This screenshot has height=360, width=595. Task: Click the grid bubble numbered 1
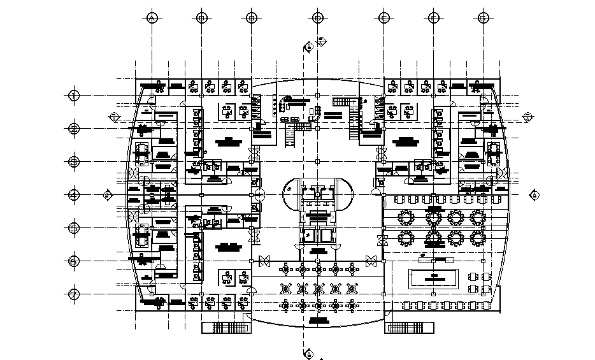(74, 96)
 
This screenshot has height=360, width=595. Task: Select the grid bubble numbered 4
(74, 194)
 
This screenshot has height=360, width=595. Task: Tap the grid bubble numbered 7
(74, 294)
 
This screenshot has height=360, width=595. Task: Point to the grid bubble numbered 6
(74, 261)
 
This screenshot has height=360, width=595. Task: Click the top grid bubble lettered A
(152, 17)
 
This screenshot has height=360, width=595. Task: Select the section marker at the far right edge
(534, 194)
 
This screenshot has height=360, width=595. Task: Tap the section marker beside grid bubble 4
(109, 194)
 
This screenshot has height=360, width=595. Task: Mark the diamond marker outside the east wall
(527, 116)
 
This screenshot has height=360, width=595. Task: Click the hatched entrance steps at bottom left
(227, 328)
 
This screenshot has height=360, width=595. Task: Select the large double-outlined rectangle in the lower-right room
(433, 277)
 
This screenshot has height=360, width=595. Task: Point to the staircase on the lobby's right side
(354, 131)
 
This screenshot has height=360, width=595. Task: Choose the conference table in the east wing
(493, 152)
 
